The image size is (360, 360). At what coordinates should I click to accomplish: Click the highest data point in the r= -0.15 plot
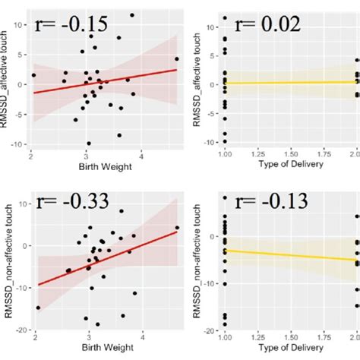pos(132,15)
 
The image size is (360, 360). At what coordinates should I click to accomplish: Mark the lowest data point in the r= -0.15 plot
pos(89,143)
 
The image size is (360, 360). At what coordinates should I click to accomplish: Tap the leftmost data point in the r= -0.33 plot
pos(38,308)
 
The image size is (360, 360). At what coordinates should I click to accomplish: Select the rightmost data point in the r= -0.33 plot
pos(177,227)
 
